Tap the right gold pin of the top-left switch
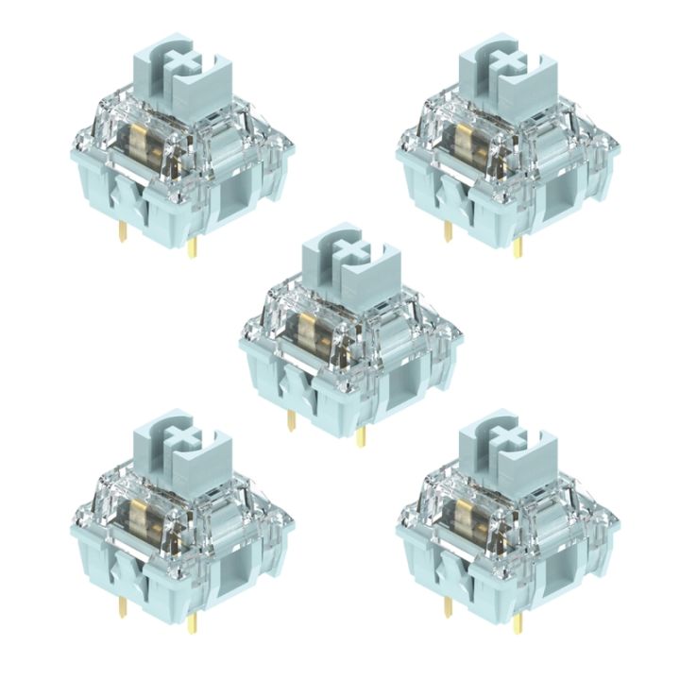click(x=192, y=247)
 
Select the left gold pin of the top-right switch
click(x=449, y=229)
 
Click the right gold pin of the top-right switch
click(x=518, y=247)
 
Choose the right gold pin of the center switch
click(x=362, y=435)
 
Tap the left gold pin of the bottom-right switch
click(x=449, y=604)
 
